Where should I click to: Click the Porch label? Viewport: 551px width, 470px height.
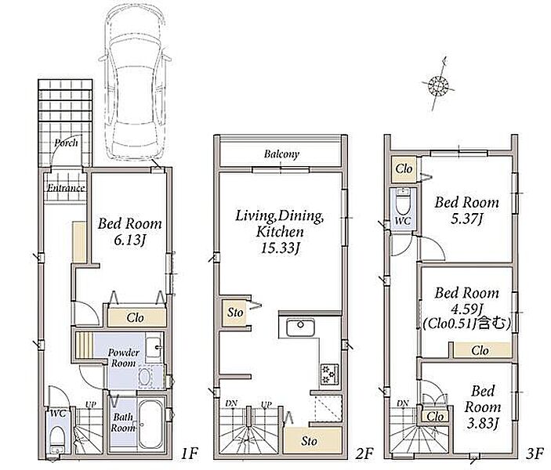tap(66, 143)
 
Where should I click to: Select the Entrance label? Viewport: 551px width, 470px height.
tap(66, 188)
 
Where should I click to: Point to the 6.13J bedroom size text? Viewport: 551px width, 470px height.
tap(129, 240)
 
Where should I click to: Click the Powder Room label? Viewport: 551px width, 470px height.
tap(123, 358)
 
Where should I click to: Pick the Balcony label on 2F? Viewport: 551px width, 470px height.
tap(281, 154)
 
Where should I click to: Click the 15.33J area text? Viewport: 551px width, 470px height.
tap(280, 248)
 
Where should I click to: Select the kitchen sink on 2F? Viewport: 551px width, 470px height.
tap(300, 327)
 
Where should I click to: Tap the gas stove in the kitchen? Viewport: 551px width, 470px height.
tap(330, 374)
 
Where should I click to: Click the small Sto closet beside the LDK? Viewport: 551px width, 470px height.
tap(235, 313)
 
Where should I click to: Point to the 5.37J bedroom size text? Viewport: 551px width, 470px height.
tap(466, 219)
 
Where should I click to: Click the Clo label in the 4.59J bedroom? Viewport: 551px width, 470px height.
tap(480, 350)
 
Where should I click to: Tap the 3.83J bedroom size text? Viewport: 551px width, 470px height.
tap(483, 424)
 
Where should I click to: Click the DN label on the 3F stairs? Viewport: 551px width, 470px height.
tap(403, 403)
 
